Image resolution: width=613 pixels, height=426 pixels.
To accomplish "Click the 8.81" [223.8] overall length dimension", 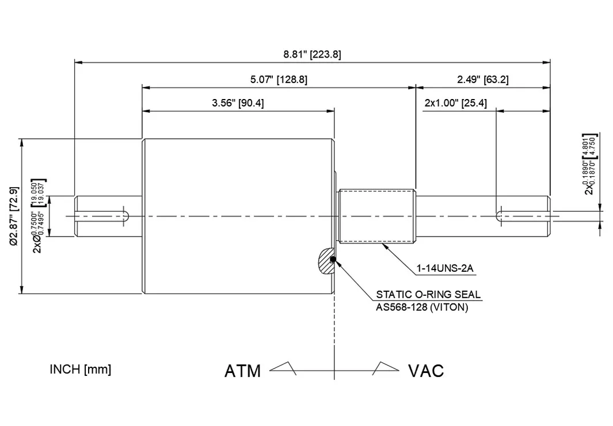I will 312,55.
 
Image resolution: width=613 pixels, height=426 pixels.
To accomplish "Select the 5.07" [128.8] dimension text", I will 279,80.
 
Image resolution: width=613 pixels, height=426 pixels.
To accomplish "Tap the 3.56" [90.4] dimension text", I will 238,103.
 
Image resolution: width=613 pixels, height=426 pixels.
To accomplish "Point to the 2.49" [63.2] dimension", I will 482,79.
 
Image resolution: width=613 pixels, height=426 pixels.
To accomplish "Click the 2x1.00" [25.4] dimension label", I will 455,103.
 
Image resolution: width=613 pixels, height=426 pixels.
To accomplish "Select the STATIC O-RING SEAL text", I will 428,295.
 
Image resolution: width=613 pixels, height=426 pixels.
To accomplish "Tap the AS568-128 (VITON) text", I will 422,307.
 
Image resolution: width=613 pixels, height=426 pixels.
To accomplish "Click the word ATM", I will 242,371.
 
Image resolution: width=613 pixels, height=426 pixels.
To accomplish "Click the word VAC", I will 426,371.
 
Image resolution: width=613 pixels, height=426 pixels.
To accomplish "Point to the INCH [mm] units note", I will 80,369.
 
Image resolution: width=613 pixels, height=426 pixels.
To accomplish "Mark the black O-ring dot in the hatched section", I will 333,260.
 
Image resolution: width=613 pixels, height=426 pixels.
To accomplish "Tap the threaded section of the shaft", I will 377,216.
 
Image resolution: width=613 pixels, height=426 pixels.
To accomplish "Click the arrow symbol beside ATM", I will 283,368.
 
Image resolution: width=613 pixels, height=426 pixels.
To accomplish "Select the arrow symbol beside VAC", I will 385,368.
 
